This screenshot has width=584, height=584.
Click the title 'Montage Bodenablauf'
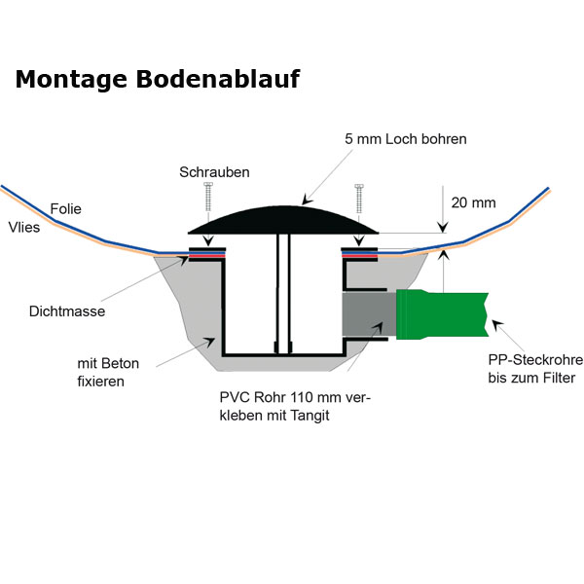(157, 80)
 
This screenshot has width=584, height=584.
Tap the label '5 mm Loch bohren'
(406, 139)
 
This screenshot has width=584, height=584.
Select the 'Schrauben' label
(214, 172)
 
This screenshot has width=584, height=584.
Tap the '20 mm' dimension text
(473, 203)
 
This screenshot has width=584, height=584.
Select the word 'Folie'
(65, 208)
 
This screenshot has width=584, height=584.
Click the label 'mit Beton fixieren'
(108, 372)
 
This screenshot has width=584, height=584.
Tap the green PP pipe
(443, 312)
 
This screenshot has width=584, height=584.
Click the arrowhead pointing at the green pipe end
(494, 323)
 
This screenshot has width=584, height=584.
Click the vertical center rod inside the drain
(282, 292)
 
